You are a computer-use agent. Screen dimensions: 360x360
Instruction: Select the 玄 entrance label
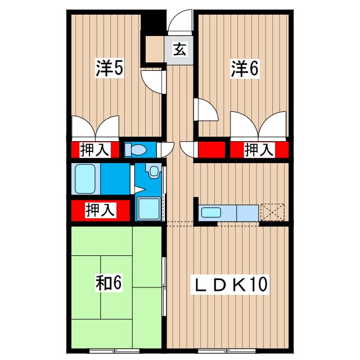(179, 49)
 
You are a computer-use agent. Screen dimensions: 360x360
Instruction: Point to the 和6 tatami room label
(108, 283)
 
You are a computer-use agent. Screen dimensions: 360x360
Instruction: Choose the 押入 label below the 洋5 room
(94, 150)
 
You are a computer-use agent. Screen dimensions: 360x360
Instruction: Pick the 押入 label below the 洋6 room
(259, 150)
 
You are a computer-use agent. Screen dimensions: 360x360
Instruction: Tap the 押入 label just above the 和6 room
(100, 210)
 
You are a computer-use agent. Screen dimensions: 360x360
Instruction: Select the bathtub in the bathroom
(86, 179)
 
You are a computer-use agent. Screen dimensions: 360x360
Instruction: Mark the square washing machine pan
(148, 209)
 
